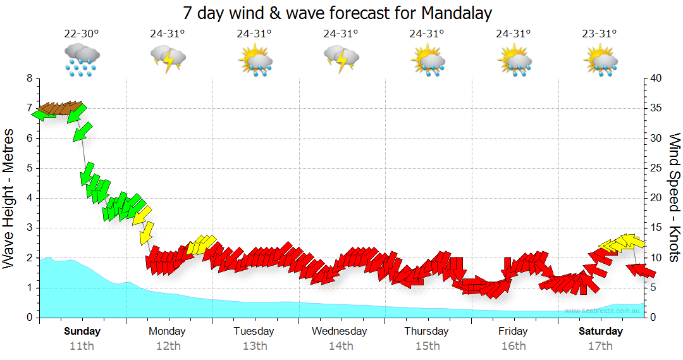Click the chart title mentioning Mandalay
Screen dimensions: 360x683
click(x=337, y=13)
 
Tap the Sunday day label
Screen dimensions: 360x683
click(x=82, y=331)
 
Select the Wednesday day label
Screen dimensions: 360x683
click(x=340, y=331)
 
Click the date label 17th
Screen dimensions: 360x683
click(x=600, y=345)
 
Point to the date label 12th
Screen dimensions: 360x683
click(x=168, y=345)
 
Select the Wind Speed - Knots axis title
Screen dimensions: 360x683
click(x=674, y=197)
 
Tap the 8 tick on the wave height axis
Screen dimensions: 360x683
click(x=29, y=78)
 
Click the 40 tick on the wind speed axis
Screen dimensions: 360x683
click(x=656, y=78)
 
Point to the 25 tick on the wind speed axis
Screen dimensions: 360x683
click(x=656, y=168)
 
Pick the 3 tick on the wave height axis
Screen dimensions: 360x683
click(x=29, y=228)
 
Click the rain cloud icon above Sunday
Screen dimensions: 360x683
click(x=82, y=61)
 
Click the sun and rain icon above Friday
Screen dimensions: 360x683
click(x=514, y=61)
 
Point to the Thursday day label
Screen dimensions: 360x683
click(x=427, y=331)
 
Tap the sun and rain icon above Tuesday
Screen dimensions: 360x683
click(x=254, y=61)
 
